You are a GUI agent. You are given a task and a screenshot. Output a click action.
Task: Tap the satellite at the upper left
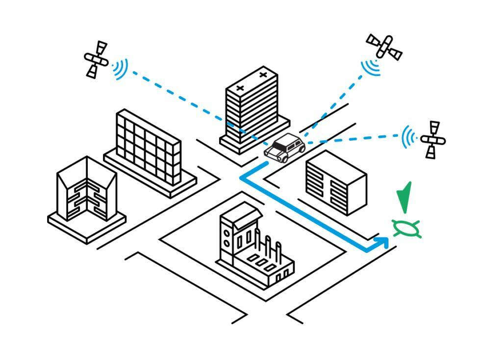(96, 59)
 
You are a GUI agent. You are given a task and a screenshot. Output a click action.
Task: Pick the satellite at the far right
(432, 140)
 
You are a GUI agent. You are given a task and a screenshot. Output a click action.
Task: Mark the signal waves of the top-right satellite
(371, 67)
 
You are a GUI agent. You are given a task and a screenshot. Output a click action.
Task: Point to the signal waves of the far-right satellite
(407, 137)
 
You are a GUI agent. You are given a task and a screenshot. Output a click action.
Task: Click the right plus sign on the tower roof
(263, 75)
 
